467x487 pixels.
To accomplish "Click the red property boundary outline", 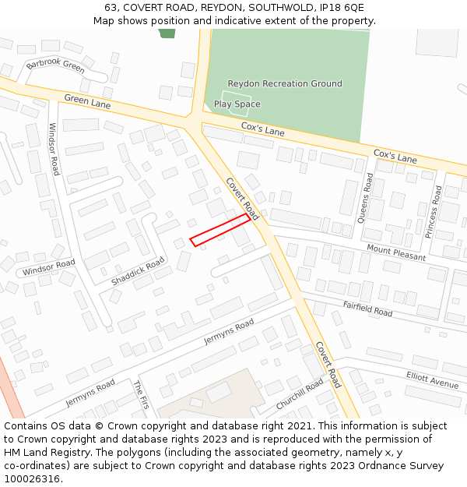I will pyautogui.click(x=220, y=230).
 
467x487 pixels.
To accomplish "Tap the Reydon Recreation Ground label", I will pyautogui.click(x=284, y=83).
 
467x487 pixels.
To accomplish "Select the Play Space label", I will pyautogui.click(x=237, y=104).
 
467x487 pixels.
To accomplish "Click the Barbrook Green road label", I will pyautogui.click(x=54, y=65).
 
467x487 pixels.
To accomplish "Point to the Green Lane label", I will pyautogui.click(x=87, y=101).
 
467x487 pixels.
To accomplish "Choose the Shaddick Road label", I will pyautogui.click(x=138, y=270).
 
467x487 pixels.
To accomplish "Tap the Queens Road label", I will pyautogui.click(x=365, y=198).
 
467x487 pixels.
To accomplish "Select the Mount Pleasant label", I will pyautogui.click(x=396, y=252).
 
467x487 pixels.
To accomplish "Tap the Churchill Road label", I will pyautogui.click(x=300, y=395).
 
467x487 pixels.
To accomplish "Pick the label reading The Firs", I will pyautogui.click(x=141, y=395).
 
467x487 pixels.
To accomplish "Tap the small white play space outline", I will pyautogui.click(x=235, y=104).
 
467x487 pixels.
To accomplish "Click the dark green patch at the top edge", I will pyautogui.click(x=167, y=33).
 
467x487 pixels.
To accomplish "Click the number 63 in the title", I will pyautogui.click(x=110, y=8).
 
